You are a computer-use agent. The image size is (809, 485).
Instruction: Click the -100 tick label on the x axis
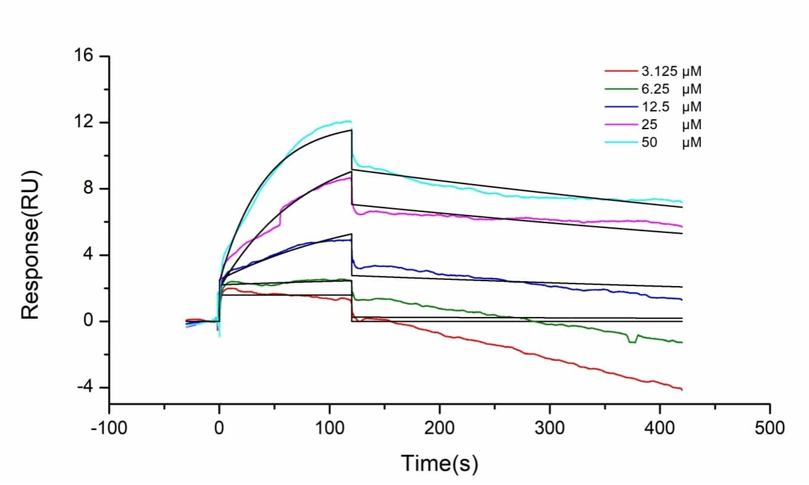pyautogui.click(x=109, y=427)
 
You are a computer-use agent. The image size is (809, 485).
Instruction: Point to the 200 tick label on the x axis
pyautogui.click(x=440, y=427)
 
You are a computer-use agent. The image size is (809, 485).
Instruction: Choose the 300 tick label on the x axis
pyautogui.click(x=550, y=427)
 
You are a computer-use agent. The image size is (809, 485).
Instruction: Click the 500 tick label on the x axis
pyautogui.click(x=770, y=427)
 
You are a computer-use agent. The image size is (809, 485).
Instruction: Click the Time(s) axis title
pyautogui.click(x=440, y=463)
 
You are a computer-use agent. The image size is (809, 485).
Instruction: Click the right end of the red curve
pyautogui.click(x=682, y=389)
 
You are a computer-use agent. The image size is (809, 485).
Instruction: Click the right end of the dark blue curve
pyautogui.click(x=682, y=299)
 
